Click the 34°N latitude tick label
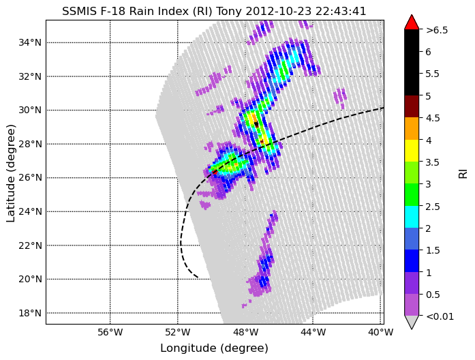[30, 42]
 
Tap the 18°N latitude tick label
[30, 313]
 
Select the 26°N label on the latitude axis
[30, 177]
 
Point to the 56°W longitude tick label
[110, 333]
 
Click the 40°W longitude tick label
[380, 333]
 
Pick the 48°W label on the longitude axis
[245, 333]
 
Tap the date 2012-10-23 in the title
[279, 11]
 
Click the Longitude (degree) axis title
[214, 348]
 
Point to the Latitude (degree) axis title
[10, 173]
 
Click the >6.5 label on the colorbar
[437, 30]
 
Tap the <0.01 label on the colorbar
[440, 316]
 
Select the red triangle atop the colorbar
[412, 23]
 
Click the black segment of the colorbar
[412, 63]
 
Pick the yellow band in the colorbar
[412, 151]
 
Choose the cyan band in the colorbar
[412, 217]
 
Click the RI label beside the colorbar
[463, 174]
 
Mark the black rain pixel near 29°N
[256, 124]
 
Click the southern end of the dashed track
[198, 277]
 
